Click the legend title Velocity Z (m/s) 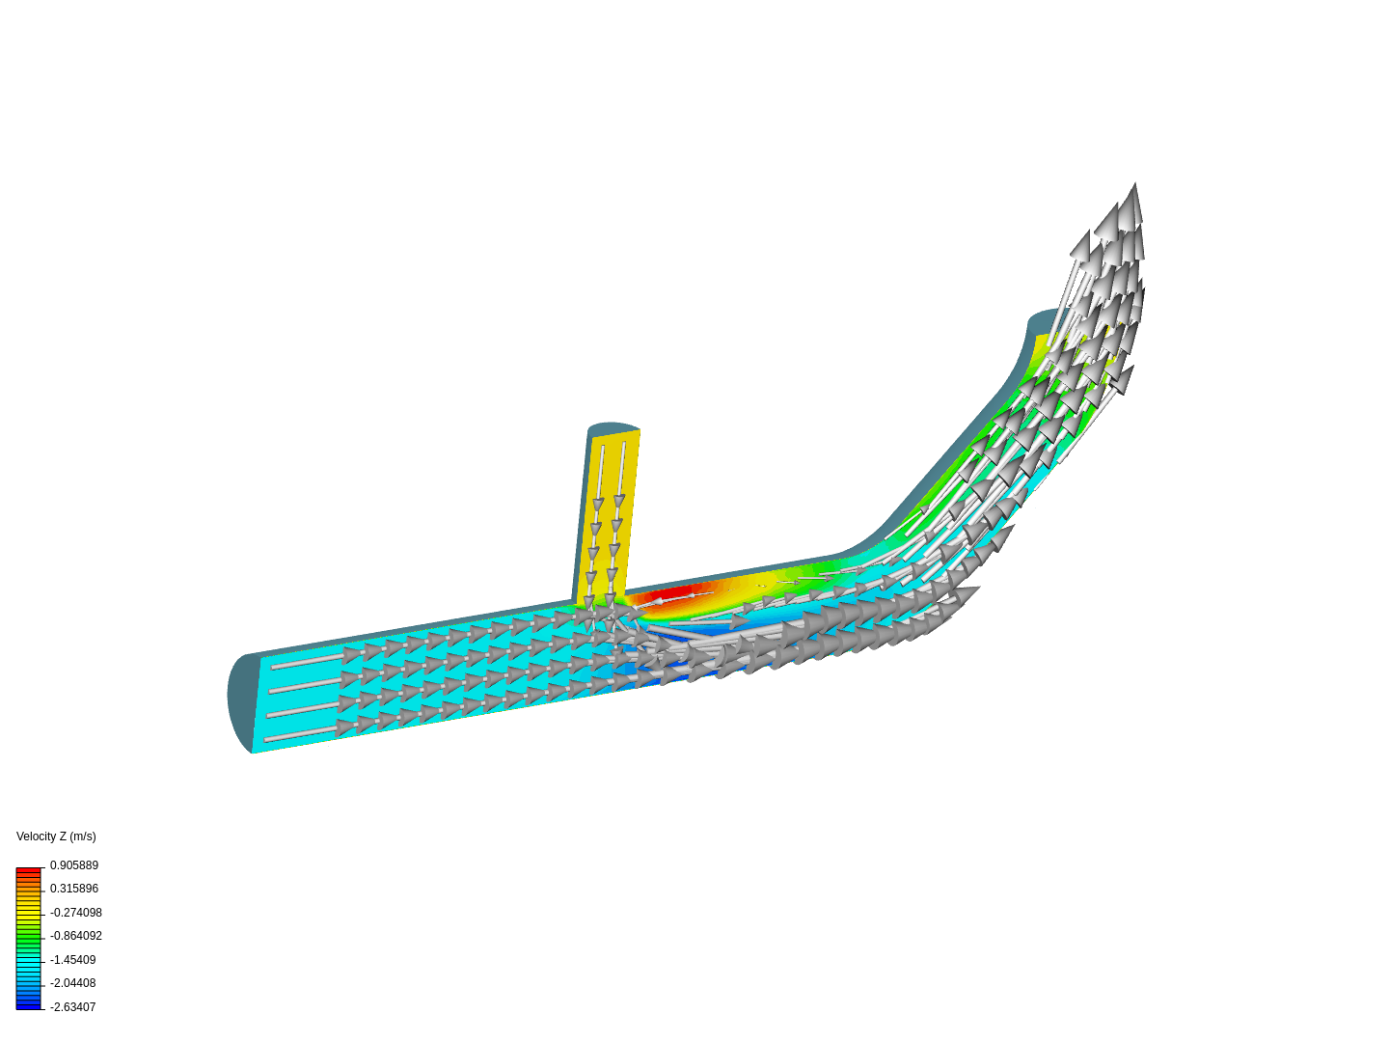click(56, 836)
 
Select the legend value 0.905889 click(74, 865)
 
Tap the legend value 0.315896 click(74, 889)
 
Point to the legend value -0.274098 click(76, 913)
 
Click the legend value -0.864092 click(76, 936)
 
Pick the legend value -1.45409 click(73, 960)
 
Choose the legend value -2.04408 click(73, 983)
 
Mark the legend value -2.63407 click(73, 1007)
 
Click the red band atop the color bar click(29, 871)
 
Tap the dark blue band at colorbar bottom click(29, 1005)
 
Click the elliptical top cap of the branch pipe click(613, 427)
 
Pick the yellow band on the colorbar click(29, 910)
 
